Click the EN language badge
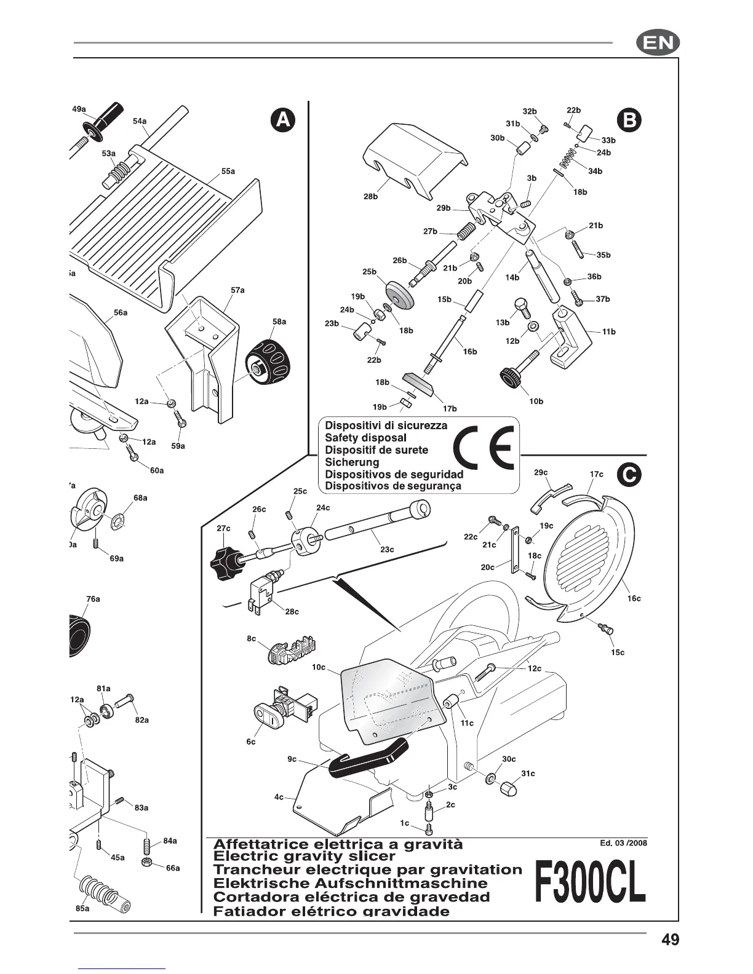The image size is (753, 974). [658, 43]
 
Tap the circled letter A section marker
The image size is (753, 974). [282, 120]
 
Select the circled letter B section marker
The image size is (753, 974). [629, 120]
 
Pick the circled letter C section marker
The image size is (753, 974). [629, 474]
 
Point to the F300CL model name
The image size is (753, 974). [590, 882]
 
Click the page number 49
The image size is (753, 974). [671, 940]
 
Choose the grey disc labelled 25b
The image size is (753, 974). [399, 295]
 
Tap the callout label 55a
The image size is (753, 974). [228, 171]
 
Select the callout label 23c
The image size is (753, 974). [387, 549]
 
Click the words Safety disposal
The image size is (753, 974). [365, 437]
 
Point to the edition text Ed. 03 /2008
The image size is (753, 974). [623, 842]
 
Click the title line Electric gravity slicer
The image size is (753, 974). [304, 855]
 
